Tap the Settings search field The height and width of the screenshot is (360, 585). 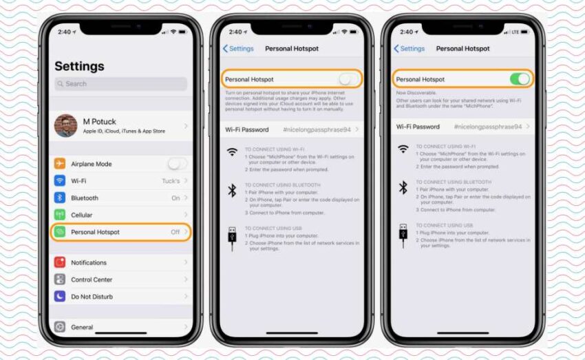pos(120,84)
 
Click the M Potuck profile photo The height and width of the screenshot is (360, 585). pos(66,126)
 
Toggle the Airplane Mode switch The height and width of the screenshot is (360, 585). pos(176,164)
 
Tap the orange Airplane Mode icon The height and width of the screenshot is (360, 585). pos(60,164)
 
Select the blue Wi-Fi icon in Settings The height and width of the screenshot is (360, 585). pos(60,181)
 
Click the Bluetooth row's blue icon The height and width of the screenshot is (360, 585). pos(60,198)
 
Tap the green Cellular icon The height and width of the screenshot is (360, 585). pos(60,215)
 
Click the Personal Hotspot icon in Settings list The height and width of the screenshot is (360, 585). pos(60,232)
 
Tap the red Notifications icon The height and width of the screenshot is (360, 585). pos(60,262)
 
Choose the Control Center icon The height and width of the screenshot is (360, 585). pos(60,279)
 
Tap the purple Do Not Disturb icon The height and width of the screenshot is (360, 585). pos(60,297)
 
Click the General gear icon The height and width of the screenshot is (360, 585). pos(60,327)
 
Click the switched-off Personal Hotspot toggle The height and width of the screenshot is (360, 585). pos(349,79)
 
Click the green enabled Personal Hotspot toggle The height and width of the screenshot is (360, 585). pos(520,79)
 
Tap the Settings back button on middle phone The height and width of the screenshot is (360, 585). pos(238,49)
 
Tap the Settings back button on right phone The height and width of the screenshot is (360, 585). pos(409,49)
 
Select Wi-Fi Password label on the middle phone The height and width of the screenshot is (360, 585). pos(247,129)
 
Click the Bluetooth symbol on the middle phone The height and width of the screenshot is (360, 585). pos(232,191)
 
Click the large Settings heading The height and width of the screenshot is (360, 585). pos(79,66)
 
